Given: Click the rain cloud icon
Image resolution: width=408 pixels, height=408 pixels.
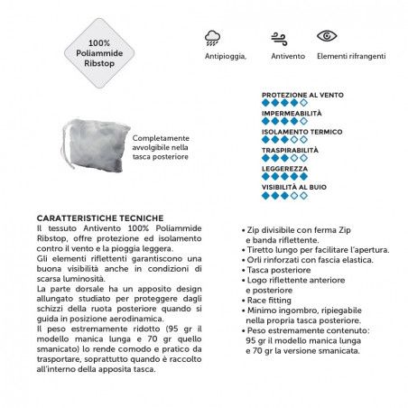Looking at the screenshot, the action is (x=213, y=37).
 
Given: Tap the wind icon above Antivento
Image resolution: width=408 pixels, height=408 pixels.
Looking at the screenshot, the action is (x=280, y=37).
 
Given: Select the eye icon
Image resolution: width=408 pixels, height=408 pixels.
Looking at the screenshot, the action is (x=327, y=36).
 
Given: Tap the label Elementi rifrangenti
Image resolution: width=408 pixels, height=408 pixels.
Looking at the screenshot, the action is (x=351, y=56).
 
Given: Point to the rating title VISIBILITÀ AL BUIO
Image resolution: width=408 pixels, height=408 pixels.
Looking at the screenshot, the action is (x=293, y=187).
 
